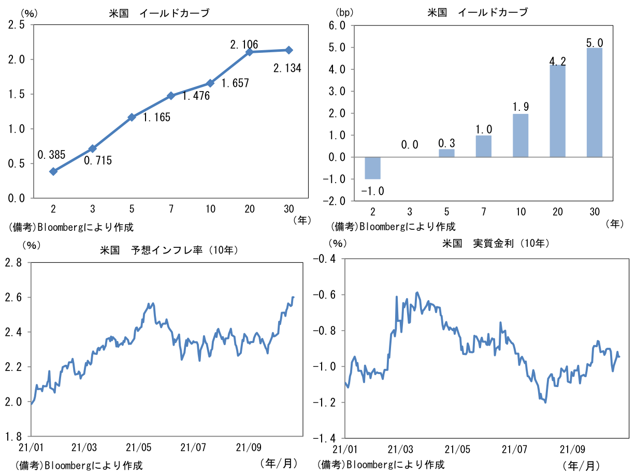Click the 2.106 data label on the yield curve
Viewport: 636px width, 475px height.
(x=244, y=44)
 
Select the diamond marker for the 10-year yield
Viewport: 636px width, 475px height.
(x=210, y=83)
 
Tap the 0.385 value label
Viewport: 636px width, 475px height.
(x=51, y=154)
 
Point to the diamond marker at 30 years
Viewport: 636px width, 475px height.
(x=288, y=50)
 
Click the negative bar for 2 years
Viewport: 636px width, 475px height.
(x=372, y=168)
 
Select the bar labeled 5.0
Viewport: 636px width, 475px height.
(x=594, y=102)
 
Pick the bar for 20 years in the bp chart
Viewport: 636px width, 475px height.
(x=557, y=111)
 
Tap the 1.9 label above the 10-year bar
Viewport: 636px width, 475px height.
(x=521, y=107)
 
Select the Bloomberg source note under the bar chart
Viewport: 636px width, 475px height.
(x=393, y=226)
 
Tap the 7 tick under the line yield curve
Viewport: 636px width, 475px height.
(x=171, y=209)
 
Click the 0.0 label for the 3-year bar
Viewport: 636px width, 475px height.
(x=409, y=145)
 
